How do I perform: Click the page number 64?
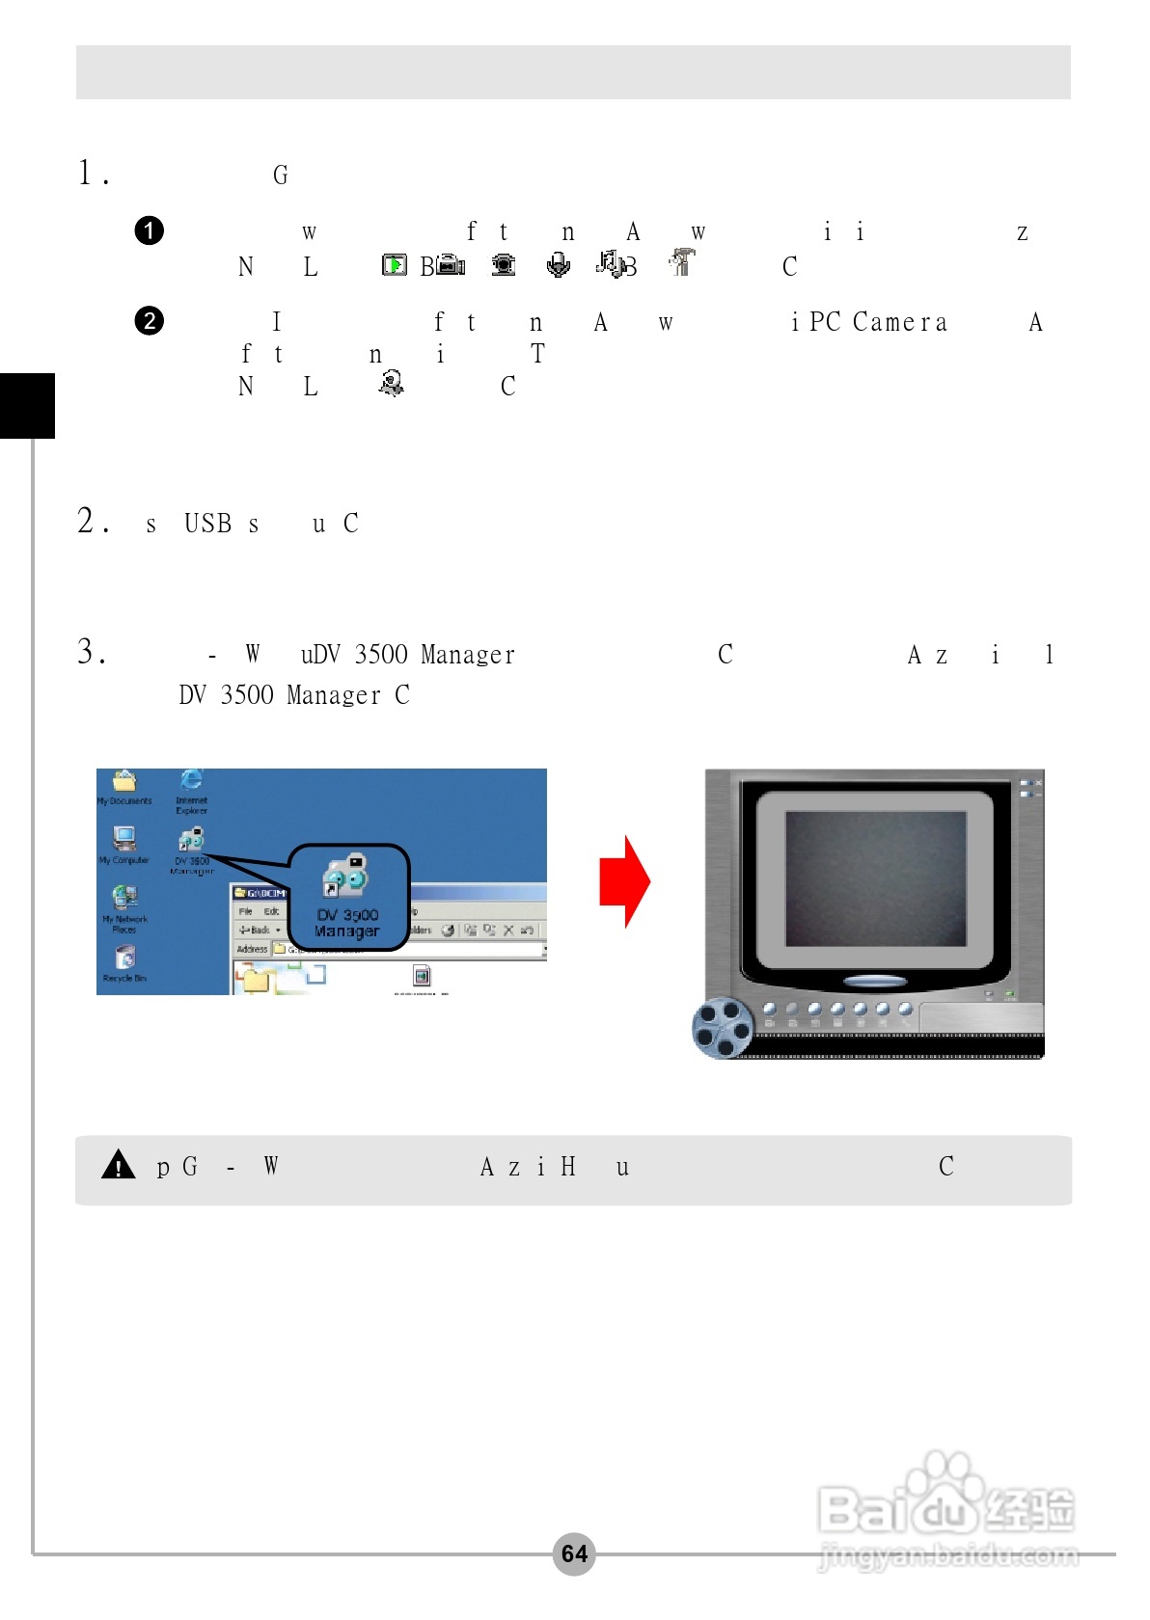[x=574, y=1553]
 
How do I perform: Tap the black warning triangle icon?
[x=118, y=1165]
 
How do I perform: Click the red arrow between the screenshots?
[x=624, y=881]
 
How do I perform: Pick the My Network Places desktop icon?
[x=124, y=899]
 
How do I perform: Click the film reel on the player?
[x=723, y=1028]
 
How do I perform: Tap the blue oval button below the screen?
[x=874, y=982]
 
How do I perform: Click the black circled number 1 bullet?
[x=150, y=230]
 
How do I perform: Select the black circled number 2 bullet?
[x=150, y=320]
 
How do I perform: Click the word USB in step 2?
[x=208, y=524]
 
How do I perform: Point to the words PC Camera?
[x=878, y=322]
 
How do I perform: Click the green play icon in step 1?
[x=394, y=264]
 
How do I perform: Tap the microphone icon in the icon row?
[x=558, y=264]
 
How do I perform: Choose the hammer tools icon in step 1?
[x=681, y=261]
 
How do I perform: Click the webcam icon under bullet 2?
[x=391, y=383]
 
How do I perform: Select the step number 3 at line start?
[x=87, y=653]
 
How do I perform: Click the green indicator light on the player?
[x=1010, y=993]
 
